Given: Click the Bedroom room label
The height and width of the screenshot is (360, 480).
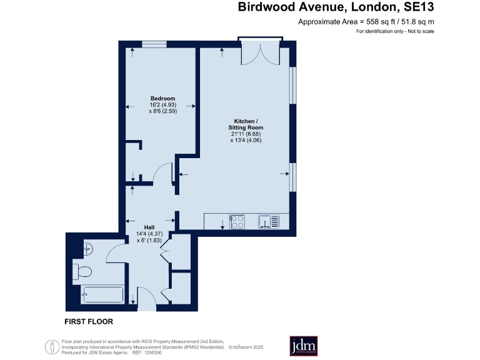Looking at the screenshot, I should (162, 98).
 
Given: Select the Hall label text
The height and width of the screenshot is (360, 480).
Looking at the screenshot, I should (149, 227).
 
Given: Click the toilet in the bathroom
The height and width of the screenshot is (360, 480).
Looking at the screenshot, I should (84, 271).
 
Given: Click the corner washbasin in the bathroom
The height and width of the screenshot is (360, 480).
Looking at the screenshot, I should (87, 248).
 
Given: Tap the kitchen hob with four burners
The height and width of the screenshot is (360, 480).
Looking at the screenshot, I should (238, 222).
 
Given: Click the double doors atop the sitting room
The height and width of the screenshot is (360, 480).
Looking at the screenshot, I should (261, 52).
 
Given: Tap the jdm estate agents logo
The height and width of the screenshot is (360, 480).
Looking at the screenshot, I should (303, 346).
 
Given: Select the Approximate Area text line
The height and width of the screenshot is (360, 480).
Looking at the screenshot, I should (366, 22).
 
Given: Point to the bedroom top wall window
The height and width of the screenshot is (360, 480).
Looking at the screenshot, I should (153, 44).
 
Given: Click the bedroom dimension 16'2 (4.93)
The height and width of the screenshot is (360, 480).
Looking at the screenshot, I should (162, 105).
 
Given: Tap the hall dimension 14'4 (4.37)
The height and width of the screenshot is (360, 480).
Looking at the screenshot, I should (149, 234).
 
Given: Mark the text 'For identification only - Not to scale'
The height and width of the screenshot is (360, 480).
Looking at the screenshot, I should (394, 31).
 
